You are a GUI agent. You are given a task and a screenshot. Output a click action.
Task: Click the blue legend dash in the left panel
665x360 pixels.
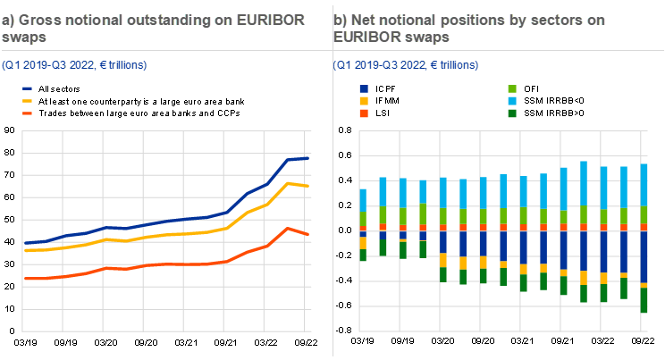pyautogui.click(x=28, y=89)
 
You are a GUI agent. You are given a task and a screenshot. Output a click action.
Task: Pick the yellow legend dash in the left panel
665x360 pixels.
pyautogui.click(x=28, y=101)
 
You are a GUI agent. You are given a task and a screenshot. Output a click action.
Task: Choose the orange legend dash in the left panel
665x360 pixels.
pyautogui.click(x=28, y=113)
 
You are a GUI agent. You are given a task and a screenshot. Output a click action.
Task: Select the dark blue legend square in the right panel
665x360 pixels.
pyautogui.click(x=363, y=89)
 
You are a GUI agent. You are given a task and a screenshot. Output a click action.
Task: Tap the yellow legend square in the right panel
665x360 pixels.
pyautogui.click(x=363, y=101)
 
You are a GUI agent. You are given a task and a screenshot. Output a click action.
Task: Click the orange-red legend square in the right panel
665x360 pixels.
pyautogui.click(x=363, y=113)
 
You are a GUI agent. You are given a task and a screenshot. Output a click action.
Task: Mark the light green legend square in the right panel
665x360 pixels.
pyautogui.click(x=512, y=89)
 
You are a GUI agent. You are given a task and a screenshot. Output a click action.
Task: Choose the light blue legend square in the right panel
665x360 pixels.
pyautogui.click(x=512, y=101)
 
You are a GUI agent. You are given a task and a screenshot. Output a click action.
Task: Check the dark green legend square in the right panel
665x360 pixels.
pyautogui.click(x=512, y=113)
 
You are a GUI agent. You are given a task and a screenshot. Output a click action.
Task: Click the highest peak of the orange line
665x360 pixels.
pyautogui.click(x=286, y=228)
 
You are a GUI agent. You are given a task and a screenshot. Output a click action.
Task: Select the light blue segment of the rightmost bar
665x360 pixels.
pyautogui.click(x=644, y=185)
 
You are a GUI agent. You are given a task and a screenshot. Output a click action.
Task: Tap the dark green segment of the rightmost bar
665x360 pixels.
pyautogui.click(x=644, y=299)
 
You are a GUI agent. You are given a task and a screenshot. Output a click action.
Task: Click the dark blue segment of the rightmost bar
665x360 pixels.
pyautogui.click(x=644, y=256)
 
